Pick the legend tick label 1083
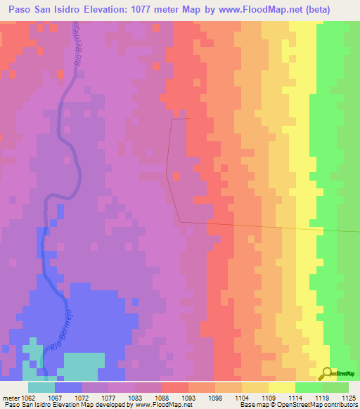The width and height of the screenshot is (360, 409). [146, 397]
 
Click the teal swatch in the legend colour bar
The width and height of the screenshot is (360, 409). [41, 387]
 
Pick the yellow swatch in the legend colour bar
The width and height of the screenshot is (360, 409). [282, 387]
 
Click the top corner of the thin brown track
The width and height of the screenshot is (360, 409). [172, 119]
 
